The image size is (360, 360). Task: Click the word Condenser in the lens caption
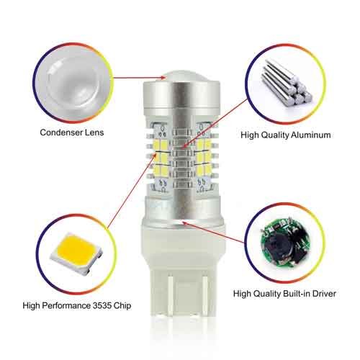(x=60, y=132)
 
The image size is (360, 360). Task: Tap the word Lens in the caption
(x=94, y=132)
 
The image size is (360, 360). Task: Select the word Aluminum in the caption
(x=311, y=135)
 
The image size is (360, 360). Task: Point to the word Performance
(x=66, y=305)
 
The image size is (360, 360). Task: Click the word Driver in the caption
(x=324, y=294)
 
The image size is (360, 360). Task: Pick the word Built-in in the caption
(x=296, y=294)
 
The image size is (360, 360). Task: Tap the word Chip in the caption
(x=122, y=306)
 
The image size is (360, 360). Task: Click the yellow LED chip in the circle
(x=76, y=253)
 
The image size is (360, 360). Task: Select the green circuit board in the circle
(x=284, y=246)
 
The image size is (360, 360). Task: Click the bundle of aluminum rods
(x=286, y=82)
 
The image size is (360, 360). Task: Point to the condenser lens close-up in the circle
(x=73, y=83)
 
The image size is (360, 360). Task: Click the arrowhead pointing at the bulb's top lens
(x=163, y=78)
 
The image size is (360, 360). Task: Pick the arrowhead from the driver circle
(x=185, y=222)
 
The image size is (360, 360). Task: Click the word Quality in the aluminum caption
(x=275, y=135)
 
